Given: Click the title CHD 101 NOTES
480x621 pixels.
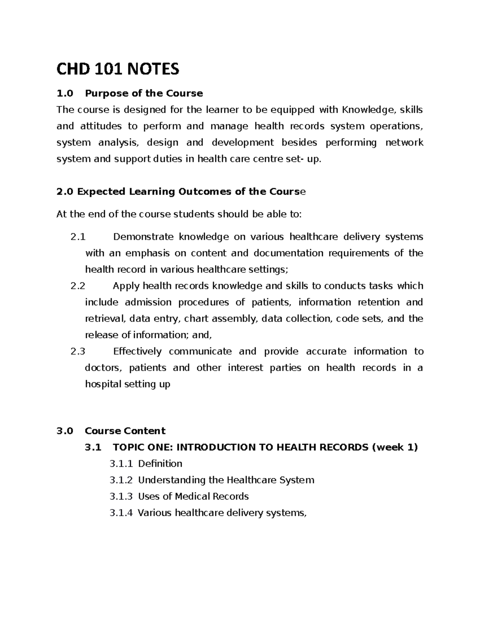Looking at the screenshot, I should tap(118, 70).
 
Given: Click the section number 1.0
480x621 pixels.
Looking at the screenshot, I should tap(65, 94).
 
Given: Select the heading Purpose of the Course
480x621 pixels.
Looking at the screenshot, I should tap(144, 94).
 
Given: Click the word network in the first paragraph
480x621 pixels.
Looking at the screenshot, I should tap(404, 143).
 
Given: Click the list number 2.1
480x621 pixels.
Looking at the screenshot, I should tap(78, 237).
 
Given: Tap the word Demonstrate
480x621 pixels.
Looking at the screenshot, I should tap(143, 237).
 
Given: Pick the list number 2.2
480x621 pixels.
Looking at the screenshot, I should tap(78, 286).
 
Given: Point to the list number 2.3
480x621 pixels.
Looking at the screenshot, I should tap(78, 352).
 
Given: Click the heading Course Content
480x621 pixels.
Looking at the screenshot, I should tap(125, 431).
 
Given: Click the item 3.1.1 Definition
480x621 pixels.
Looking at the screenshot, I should tap(146, 464).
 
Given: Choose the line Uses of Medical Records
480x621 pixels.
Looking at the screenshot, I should tap(193, 497).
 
